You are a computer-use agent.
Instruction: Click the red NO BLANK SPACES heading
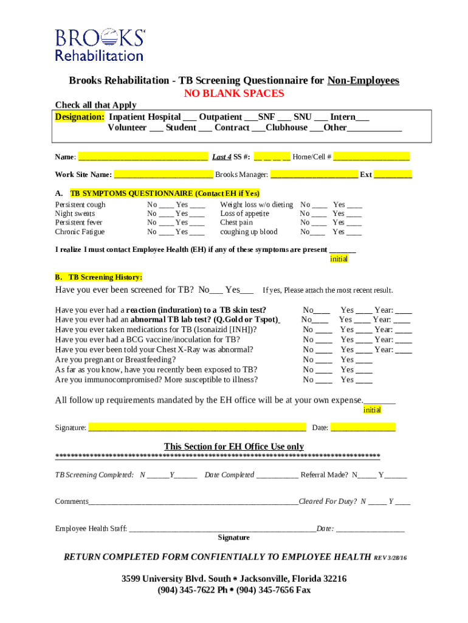click(x=234, y=94)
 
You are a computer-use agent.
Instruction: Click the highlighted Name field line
click(x=143, y=158)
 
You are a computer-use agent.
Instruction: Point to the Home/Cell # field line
click(x=371, y=158)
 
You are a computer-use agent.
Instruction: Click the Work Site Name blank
click(x=163, y=175)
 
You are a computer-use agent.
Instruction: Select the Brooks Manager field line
click(x=314, y=175)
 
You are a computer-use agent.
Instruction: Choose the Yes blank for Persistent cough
click(x=197, y=206)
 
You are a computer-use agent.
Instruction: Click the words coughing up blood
click(x=249, y=232)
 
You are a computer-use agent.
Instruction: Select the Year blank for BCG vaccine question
click(x=404, y=340)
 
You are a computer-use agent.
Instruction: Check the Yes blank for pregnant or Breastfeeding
click(x=364, y=360)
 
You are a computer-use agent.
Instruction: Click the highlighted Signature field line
click(x=197, y=428)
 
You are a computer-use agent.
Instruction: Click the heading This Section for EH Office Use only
click(x=234, y=447)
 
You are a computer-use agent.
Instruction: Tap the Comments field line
click(x=193, y=503)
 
